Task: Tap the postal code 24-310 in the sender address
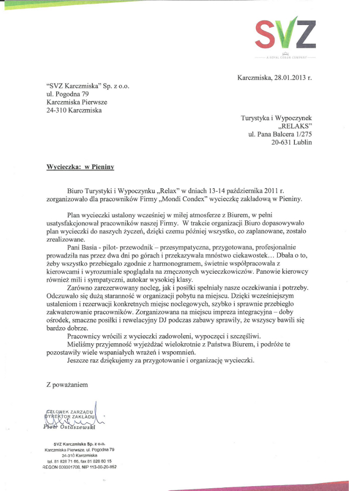click(x=58, y=110)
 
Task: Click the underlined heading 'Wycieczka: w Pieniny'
click(x=81, y=167)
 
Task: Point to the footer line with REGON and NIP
click(x=79, y=466)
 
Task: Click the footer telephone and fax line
click(x=79, y=461)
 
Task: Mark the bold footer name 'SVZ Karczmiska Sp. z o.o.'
click(x=79, y=444)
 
